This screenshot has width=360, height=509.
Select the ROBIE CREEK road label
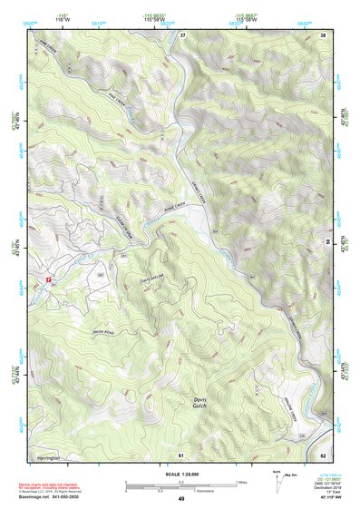[175, 208]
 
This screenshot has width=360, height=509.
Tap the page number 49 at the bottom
[180, 499]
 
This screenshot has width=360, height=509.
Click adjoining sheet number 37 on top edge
[182, 34]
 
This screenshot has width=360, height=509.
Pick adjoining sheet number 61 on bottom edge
[181, 454]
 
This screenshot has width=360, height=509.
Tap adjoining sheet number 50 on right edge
[328, 243]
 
